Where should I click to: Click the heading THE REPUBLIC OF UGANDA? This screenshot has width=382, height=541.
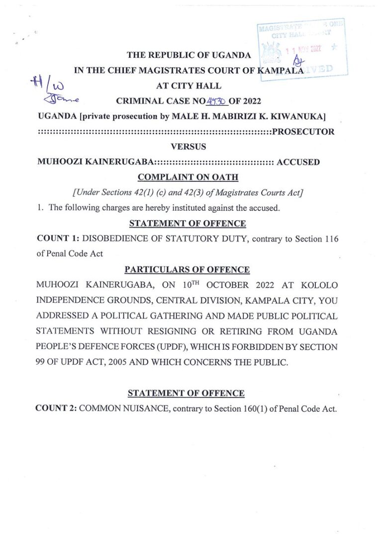189,55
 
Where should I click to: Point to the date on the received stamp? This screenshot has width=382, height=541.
304,49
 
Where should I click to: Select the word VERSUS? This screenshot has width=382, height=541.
188,147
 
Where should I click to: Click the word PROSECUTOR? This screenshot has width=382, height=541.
303,132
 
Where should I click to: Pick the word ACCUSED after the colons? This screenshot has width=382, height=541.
298,162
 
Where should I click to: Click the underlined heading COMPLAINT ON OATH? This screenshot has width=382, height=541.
188,177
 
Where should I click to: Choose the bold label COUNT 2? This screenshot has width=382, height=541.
56,408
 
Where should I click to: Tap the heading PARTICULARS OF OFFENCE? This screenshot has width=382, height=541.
187,270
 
